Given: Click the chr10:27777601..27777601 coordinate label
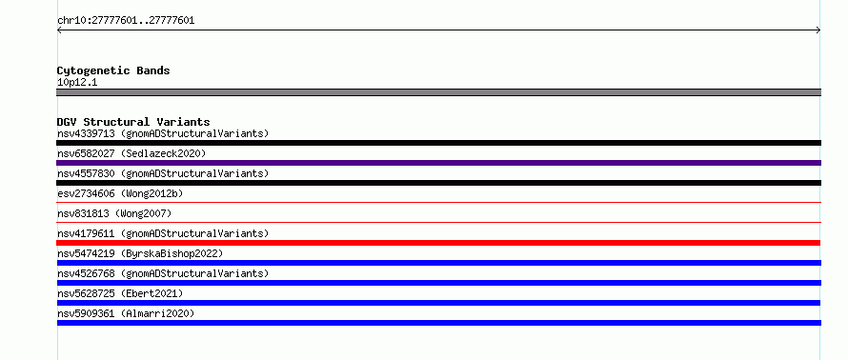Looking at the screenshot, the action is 126,21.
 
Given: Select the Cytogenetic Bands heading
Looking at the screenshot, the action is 113,70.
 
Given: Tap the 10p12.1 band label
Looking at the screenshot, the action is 77,83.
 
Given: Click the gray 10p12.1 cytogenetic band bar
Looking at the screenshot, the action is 438,92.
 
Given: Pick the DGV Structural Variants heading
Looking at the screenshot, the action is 133,122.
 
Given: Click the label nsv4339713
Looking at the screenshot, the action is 86,133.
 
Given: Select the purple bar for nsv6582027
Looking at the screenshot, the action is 438,163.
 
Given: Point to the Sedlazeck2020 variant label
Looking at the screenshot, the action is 163,153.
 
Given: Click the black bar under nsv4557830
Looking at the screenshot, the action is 438,183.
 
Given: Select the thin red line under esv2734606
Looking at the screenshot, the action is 438,203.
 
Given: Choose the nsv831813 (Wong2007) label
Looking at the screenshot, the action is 114,213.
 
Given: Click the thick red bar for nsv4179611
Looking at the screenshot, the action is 438,243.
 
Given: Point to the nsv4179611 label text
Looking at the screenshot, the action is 86,233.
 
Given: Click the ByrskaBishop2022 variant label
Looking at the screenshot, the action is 172,253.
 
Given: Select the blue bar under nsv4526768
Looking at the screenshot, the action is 438,283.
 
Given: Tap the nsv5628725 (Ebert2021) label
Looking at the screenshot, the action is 121,293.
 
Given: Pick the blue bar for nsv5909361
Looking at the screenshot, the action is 438,323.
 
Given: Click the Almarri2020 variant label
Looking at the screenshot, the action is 157,313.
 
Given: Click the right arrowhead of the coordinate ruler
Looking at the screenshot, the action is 818,30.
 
